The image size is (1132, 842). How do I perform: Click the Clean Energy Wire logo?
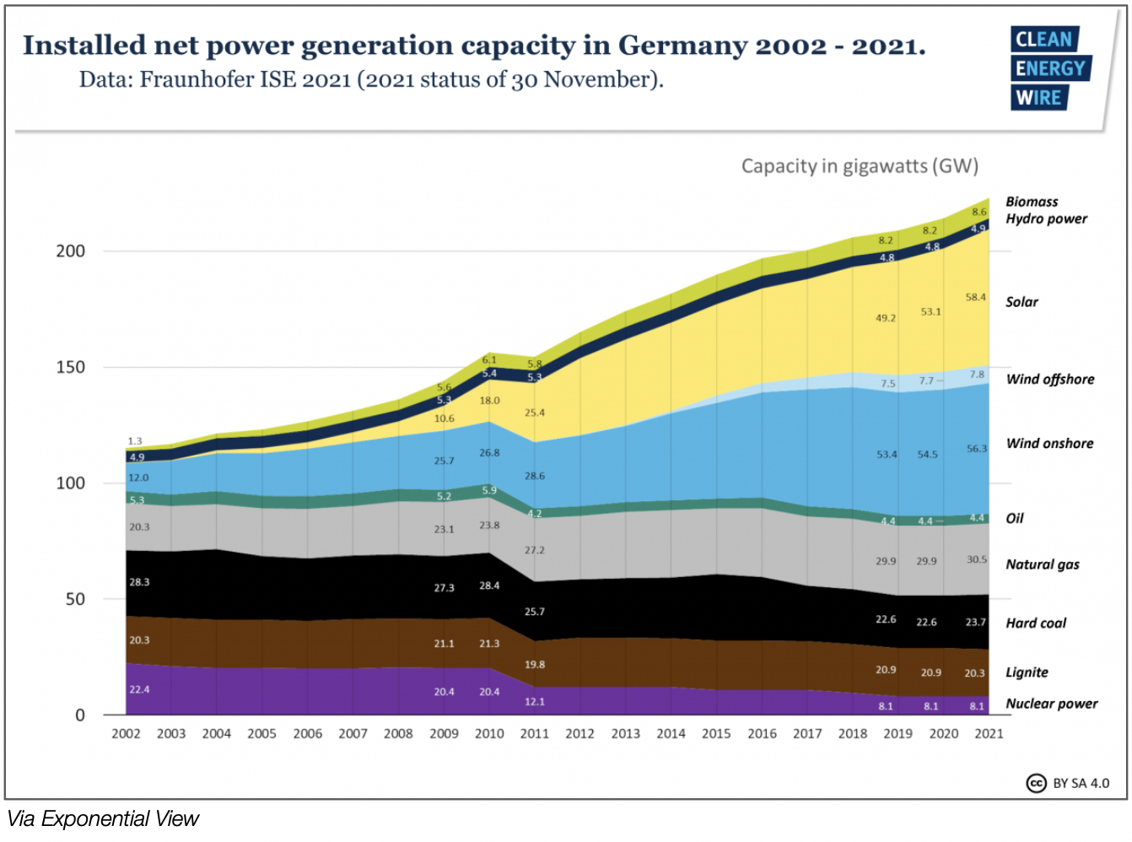tap(1050, 68)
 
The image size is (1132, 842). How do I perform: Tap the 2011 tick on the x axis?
tap(535, 734)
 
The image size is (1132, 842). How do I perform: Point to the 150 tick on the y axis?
tap(71, 367)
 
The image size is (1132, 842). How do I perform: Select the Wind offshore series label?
tap(1050, 380)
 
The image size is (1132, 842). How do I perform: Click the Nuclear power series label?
tap(1052, 704)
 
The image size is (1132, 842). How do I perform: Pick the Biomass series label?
tap(1032, 202)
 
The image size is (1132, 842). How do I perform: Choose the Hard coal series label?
tap(1036, 623)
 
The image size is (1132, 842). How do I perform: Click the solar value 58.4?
tap(976, 298)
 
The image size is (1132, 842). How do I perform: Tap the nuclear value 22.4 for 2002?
tap(139, 690)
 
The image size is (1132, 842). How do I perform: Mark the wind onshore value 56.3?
tap(977, 449)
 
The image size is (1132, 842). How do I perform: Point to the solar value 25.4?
tap(535, 413)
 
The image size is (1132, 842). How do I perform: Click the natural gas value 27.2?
tap(535, 551)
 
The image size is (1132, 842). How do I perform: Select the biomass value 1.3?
tap(135, 441)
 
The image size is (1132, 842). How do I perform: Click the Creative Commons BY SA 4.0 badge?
tap(1068, 783)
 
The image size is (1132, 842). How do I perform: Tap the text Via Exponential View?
tap(103, 819)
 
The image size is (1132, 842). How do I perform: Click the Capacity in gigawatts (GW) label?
tap(860, 166)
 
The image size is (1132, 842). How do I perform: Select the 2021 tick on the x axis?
tap(989, 734)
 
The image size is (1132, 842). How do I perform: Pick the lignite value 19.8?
tap(535, 665)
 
